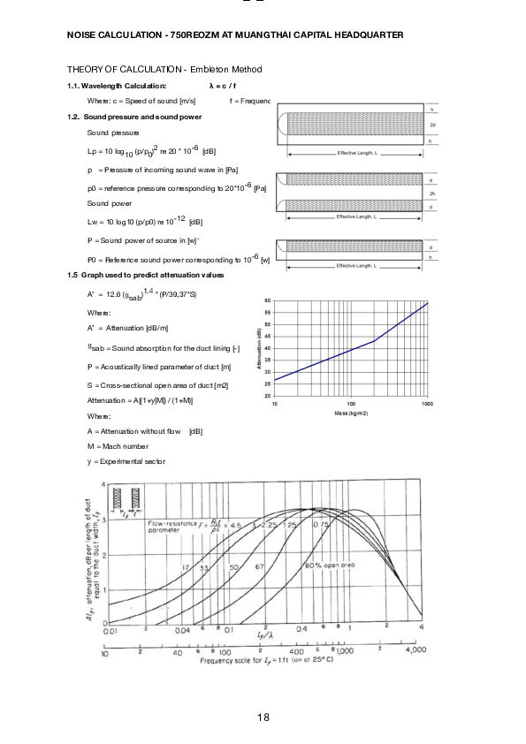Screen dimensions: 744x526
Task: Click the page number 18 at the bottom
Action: [x=263, y=717]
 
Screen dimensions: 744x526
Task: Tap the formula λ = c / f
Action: [x=222, y=86]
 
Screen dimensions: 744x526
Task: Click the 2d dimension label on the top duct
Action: [x=432, y=125]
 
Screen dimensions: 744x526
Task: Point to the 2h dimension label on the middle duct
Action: [x=432, y=194]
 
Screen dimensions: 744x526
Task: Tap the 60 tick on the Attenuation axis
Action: [x=267, y=301]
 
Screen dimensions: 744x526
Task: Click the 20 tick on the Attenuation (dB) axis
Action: [x=267, y=397]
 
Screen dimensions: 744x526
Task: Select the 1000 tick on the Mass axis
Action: [x=427, y=404]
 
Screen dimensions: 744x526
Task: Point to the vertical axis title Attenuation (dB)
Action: [x=259, y=349]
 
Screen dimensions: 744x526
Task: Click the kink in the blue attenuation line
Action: [x=375, y=341]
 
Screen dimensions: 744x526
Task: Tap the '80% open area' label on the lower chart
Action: [x=330, y=565]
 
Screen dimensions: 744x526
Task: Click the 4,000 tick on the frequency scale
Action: [x=415, y=650]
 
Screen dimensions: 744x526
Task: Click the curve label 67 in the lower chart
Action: [x=260, y=566]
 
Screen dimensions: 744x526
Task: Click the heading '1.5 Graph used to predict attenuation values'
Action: [x=146, y=276]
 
